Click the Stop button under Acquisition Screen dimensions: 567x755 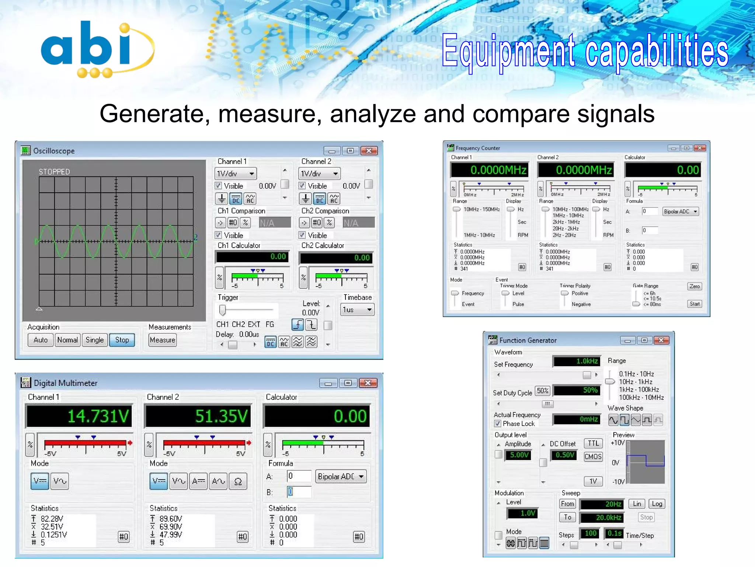pyautogui.click(x=122, y=340)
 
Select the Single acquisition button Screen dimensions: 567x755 pyautogui.click(x=95, y=340)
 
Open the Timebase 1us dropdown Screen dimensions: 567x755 pyautogui.click(x=357, y=309)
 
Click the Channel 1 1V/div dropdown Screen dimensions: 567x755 pyautogui.click(x=235, y=173)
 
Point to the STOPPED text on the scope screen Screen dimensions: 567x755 pyautogui.click(x=55, y=172)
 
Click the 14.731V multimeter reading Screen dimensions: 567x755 pyautogui.click(x=79, y=416)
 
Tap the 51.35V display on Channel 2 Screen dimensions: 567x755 pyautogui.click(x=198, y=416)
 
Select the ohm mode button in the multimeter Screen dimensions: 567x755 pyautogui.click(x=238, y=481)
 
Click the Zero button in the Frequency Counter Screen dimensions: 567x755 pyautogui.click(x=694, y=286)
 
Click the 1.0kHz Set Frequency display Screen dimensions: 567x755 pyautogui.click(x=577, y=361)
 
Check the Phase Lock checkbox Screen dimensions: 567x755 pyautogui.click(x=498, y=423)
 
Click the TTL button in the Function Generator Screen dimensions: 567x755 pyautogui.click(x=593, y=443)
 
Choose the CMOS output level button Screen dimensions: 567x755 pyautogui.click(x=593, y=457)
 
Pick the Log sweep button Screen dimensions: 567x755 pyautogui.click(x=657, y=504)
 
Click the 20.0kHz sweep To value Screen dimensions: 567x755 pyautogui.click(x=602, y=518)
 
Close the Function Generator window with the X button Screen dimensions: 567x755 pyautogui.click(x=661, y=340)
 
